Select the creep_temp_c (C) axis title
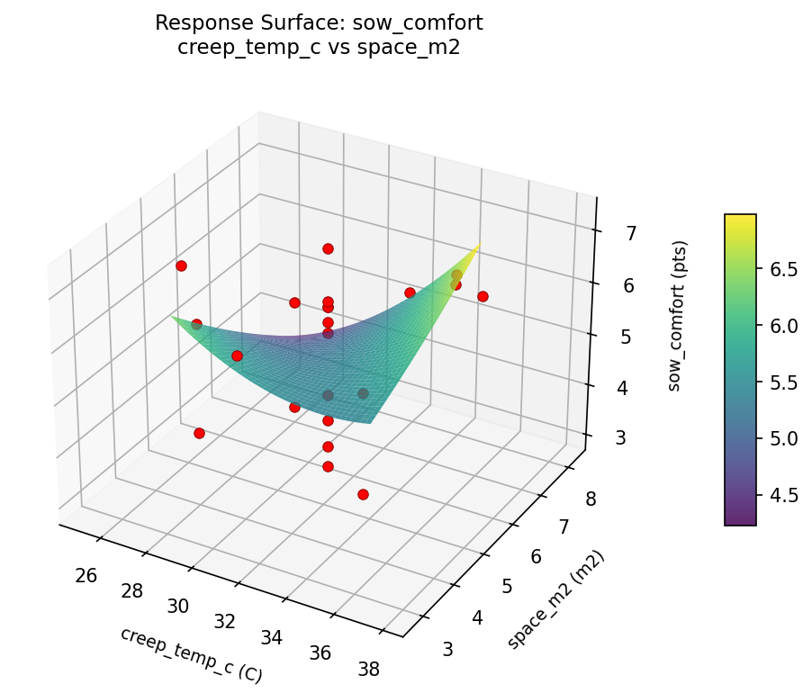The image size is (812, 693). point(191,654)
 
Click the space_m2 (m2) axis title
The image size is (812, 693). point(555,599)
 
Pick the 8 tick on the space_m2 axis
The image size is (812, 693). point(590,498)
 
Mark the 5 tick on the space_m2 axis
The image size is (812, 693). point(506,586)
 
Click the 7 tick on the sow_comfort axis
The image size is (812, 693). point(631,234)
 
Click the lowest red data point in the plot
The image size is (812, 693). point(363,494)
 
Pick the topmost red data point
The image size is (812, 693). point(328,248)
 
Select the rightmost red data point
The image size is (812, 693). point(483,296)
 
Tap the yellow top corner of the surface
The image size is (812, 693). point(479,245)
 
